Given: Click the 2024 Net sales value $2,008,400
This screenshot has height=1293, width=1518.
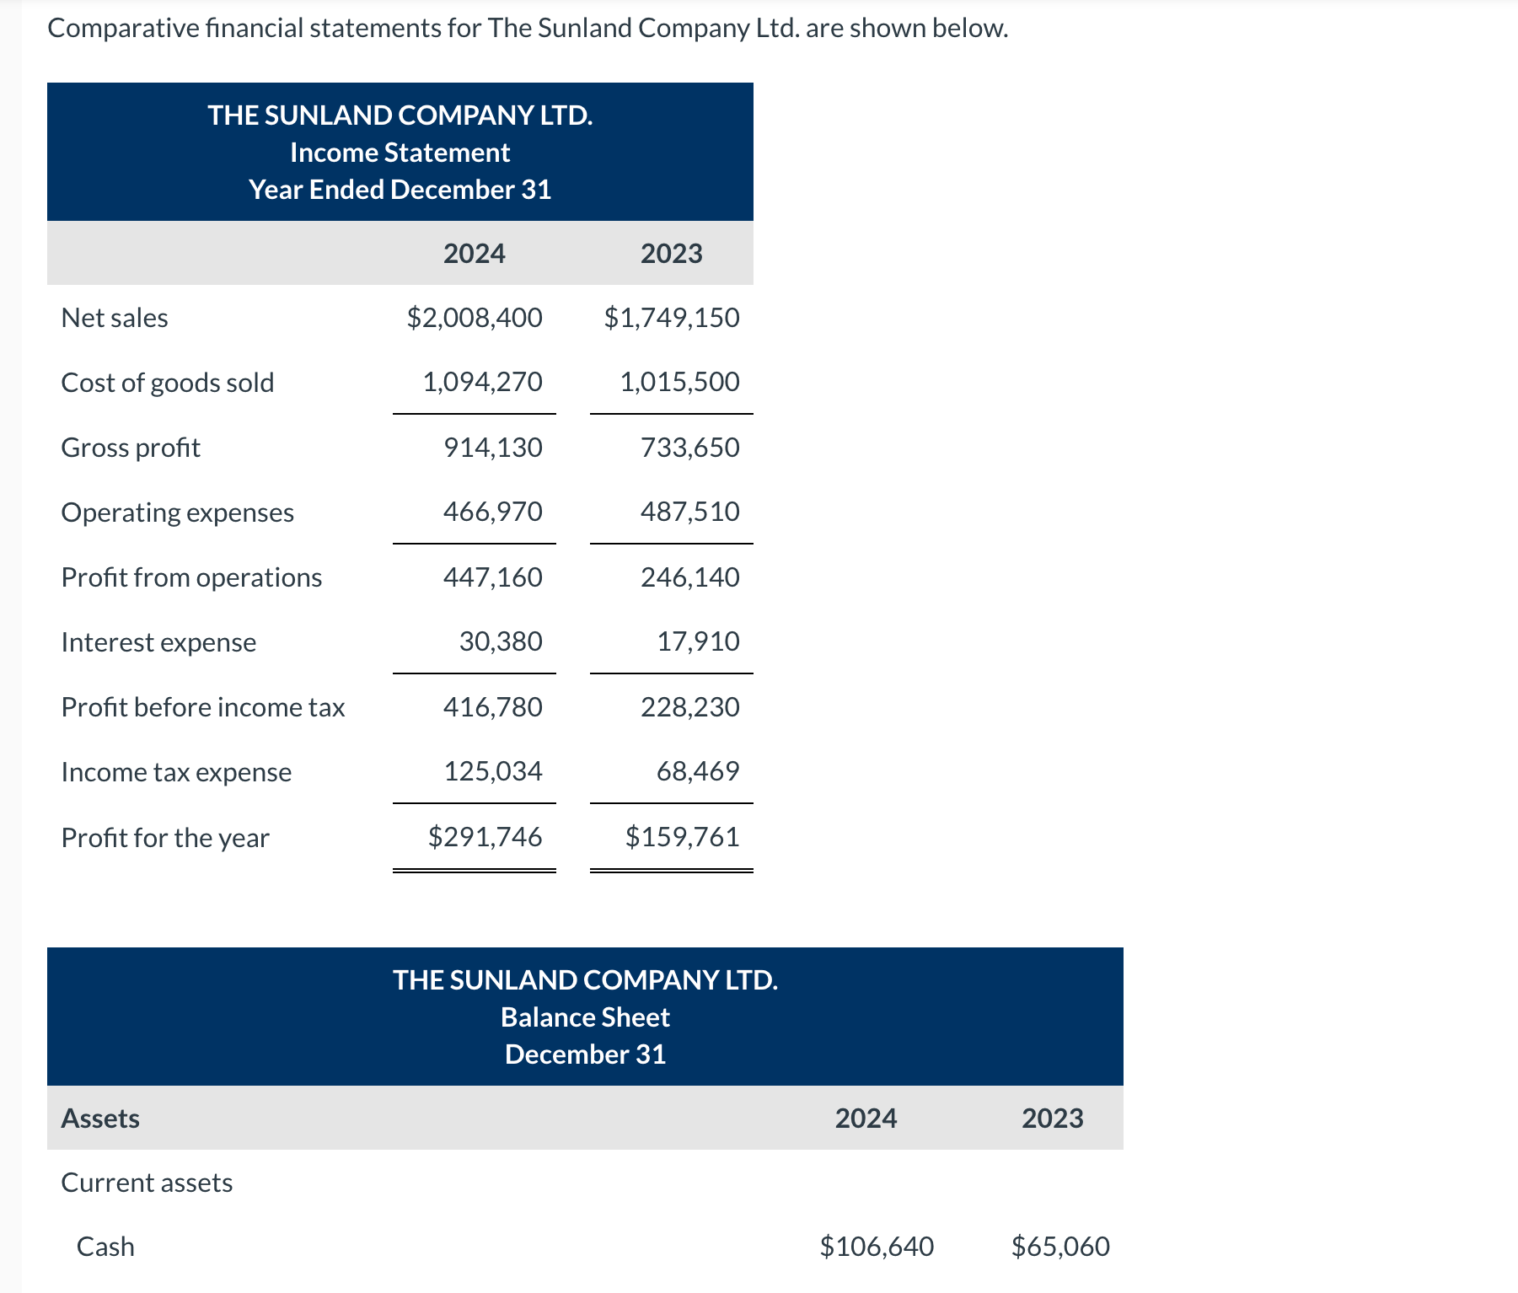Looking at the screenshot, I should click(475, 318).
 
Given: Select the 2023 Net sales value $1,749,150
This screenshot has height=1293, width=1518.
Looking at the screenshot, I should click(672, 318).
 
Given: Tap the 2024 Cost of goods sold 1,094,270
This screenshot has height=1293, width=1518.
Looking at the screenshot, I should click(482, 382).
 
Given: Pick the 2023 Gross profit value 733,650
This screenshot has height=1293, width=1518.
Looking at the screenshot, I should click(689, 448).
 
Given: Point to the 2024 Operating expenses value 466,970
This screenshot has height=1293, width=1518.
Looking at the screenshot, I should click(492, 512).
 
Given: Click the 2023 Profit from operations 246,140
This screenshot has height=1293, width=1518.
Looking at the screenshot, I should click(689, 577).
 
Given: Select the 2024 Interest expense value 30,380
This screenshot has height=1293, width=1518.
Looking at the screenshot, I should click(501, 641).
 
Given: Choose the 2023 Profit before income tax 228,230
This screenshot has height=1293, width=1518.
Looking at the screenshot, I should click(689, 707).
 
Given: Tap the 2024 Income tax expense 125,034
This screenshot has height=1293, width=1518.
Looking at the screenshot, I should click(492, 771).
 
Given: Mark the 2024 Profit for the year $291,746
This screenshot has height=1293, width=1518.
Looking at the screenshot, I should click(485, 837).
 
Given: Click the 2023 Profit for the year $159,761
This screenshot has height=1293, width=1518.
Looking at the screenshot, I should click(682, 837).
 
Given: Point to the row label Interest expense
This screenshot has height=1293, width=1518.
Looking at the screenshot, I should click(158, 642).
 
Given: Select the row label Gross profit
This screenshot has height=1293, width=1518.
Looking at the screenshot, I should click(131, 448).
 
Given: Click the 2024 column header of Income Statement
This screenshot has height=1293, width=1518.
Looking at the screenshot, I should click(474, 254).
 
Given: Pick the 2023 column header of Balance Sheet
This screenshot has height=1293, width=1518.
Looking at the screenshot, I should click(1052, 1119).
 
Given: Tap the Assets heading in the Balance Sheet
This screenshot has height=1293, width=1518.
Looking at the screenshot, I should click(100, 1119).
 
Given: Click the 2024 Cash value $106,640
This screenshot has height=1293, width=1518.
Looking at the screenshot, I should click(877, 1247).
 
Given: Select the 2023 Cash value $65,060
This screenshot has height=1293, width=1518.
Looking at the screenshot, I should click(1060, 1247).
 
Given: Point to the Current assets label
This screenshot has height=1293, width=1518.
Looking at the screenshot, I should click(147, 1183).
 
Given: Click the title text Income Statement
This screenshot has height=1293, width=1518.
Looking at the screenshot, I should click(400, 153).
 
